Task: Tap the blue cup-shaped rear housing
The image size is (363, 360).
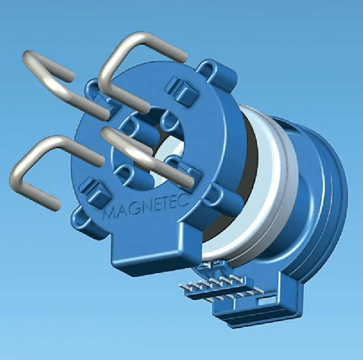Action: [x=317, y=199]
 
